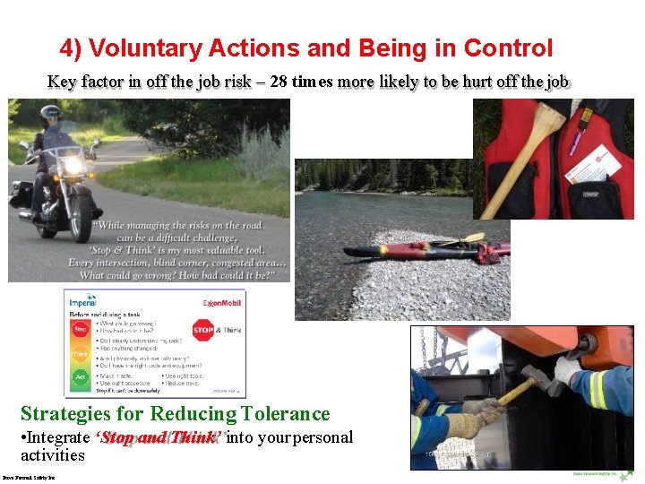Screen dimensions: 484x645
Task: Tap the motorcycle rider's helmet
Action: [51, 116]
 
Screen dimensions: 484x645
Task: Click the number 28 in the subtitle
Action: [279, 82]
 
